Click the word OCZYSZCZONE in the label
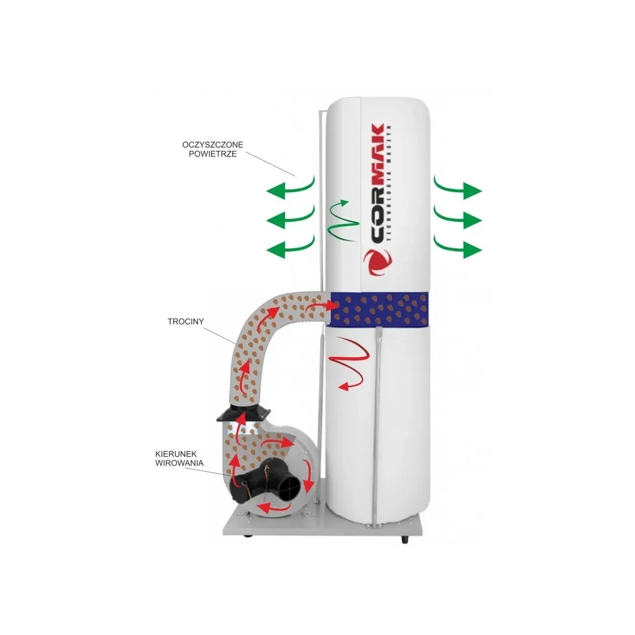coord(212,144)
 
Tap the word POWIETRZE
coord(212,154)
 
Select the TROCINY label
coord(186,322)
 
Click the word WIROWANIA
coord(180,463)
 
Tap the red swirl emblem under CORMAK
coord(378,262)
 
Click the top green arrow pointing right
coord(458,189)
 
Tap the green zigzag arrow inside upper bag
coord(343,222)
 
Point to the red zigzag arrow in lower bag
coord(349,361)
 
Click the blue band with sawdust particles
coord(379,309)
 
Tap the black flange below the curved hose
coord(244,413)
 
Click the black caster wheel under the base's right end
coord(404,540)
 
